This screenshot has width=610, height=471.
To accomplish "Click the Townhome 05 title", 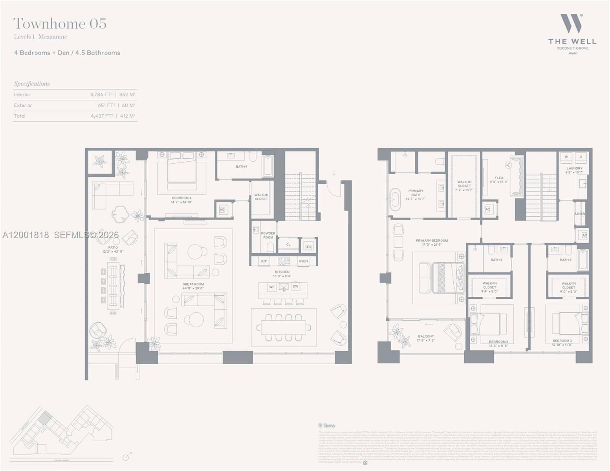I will pyautogui.click(x=60, y=24).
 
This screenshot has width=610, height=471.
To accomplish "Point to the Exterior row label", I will pyautogui.click(x=23, y=105).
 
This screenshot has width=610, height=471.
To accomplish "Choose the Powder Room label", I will pyautogui.click(x=268, y=235).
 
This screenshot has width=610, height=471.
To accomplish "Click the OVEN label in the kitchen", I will pyautogui.click(x=303, y=261).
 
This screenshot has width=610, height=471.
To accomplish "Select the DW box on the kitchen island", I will pyautogui.click(x=295, y=287).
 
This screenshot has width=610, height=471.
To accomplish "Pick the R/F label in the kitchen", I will pyautogui.click(x=264, y=261).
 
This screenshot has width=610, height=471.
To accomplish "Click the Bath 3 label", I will pyautogui.click(x=565, y=260).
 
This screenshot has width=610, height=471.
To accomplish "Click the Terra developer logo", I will pyautogui.click(x=327, y=425).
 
